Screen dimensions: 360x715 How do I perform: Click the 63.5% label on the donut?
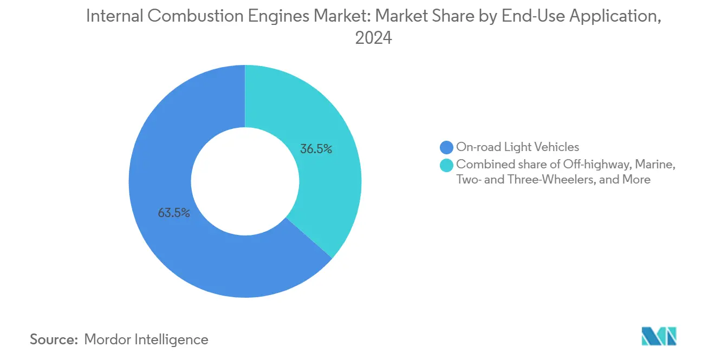[174, 213]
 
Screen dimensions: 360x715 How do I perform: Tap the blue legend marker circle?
[447, 147]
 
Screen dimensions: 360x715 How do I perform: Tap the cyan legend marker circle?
[447, 165]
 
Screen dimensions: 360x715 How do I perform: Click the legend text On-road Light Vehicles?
[517, 147]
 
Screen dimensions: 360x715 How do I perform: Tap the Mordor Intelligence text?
[146, 339]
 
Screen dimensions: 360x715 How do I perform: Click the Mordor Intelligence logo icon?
[659, 336]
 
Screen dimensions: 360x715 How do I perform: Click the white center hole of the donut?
[245, 181]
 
